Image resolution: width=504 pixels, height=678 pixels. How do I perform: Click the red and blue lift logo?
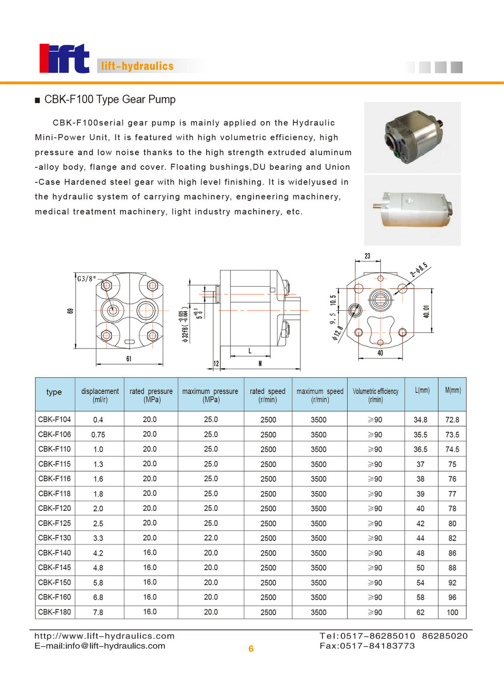pyautogui.click(x=64, y=58)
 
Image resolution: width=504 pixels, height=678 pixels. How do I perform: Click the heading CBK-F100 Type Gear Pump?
pyautogui.click(x=110, y=100)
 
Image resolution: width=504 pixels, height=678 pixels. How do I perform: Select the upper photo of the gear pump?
pyautogui.click(x=412, y=137)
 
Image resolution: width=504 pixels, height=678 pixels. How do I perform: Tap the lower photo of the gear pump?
pyautogui.click(x=412, y=211)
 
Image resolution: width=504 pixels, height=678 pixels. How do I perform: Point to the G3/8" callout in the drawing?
pyautogui.click(x=86, y=278)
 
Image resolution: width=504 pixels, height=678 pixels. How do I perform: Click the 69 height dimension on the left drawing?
pyautogui.click(x=70, y=311)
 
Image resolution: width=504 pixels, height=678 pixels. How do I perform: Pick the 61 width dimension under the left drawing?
pyautogui.click(x=129, y=359)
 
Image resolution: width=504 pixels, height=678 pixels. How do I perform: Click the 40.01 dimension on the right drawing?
pyautogui.click(x=426, y=311)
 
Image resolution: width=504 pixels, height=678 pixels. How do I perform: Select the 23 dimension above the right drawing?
pyautogui.click(x=367, y=256)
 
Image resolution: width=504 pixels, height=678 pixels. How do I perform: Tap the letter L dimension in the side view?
pyautogui.click(x=250, y=351)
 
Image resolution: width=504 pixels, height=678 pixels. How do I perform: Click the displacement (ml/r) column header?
pyautogui.click(x=100, y=395)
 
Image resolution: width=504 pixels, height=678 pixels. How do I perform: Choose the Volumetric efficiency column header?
pyautogui.click(x=375, y=395)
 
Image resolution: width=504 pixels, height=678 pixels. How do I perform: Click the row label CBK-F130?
pyautogui.click(x=54, y=538)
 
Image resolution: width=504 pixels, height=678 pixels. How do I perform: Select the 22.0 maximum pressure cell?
pyautogui.click(x=211, y=538)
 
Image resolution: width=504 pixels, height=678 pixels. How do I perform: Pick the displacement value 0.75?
pyautogui.click(x=98, y=435)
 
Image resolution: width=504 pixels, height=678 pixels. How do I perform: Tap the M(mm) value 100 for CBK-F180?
pyautogui.click(x=452, y=613)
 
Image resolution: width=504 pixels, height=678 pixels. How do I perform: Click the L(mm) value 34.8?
pyautogui.click(x=420, y=420)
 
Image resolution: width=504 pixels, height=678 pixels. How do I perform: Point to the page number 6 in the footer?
pyautogui.click(x=251, y=649)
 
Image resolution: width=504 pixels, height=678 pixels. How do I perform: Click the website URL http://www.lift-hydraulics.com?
pyautogui.click(x=104, y=636)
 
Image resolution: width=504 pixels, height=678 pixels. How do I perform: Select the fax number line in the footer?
pyautogui.click(x=367, y=646)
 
